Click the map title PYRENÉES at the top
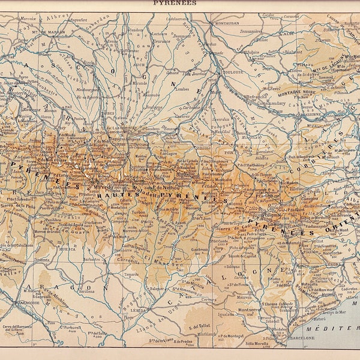(179, 3)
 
